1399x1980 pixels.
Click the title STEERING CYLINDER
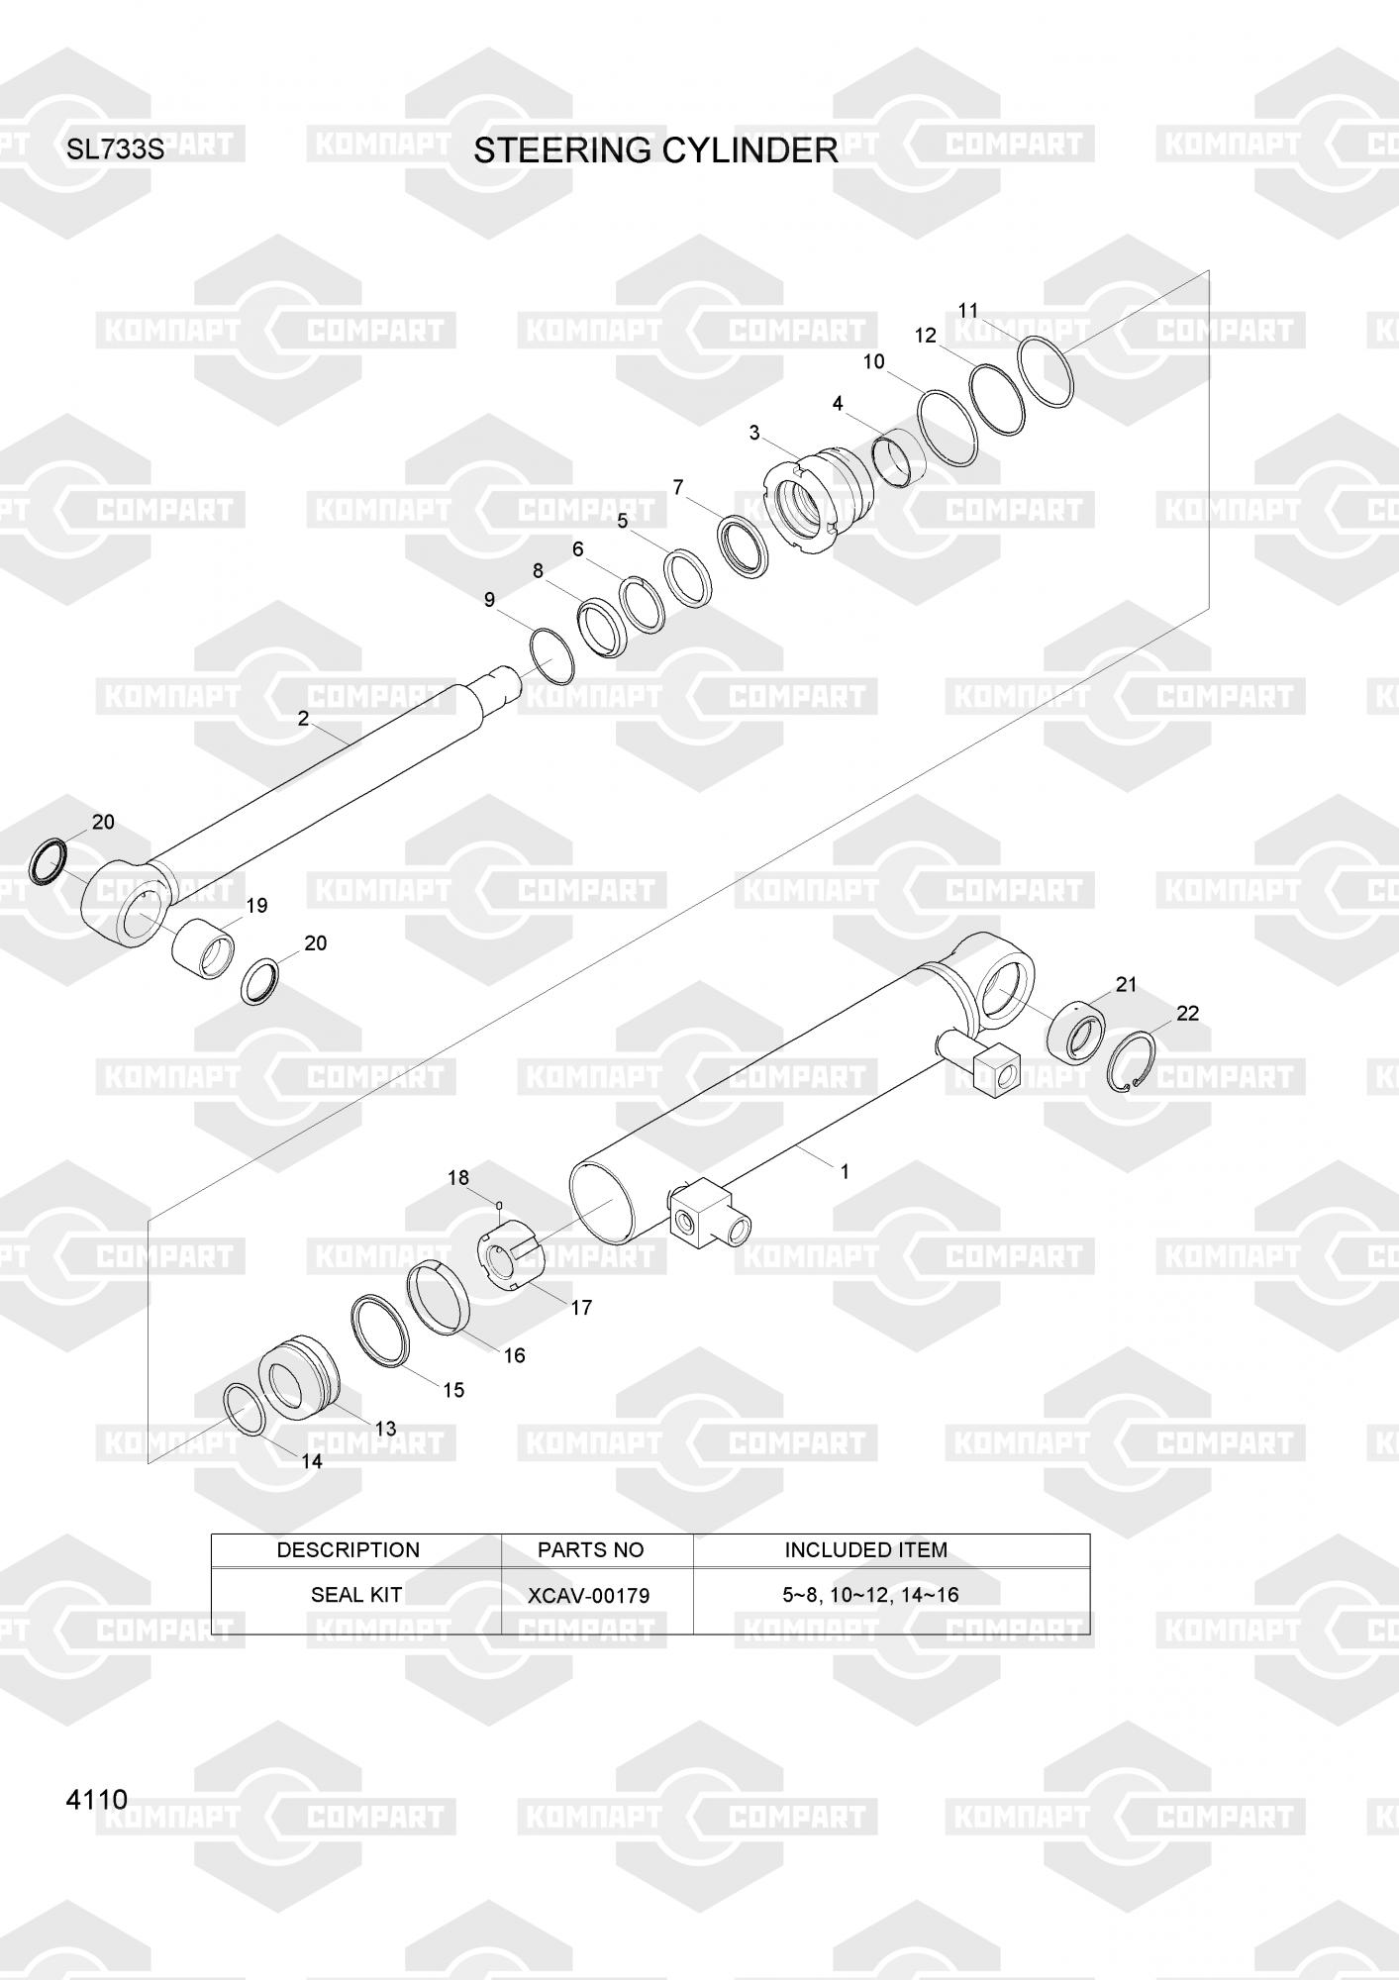click(x=655, y=150)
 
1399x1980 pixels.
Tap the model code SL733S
click(x=115, y=151)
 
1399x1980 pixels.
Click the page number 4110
click(x=97, y=1799)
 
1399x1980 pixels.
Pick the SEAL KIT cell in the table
click(x=355, y=1595)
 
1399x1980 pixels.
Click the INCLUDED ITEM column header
click(x=865, y=1550)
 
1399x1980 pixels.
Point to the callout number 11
click(x=968, y=311)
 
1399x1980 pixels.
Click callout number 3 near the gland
click(x=754, y=433)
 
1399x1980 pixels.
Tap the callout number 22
click(x=1187, y=1013)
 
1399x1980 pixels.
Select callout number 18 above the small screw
click(x=458, y=1177)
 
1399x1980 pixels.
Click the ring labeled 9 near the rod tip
click(x=551, y=655)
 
